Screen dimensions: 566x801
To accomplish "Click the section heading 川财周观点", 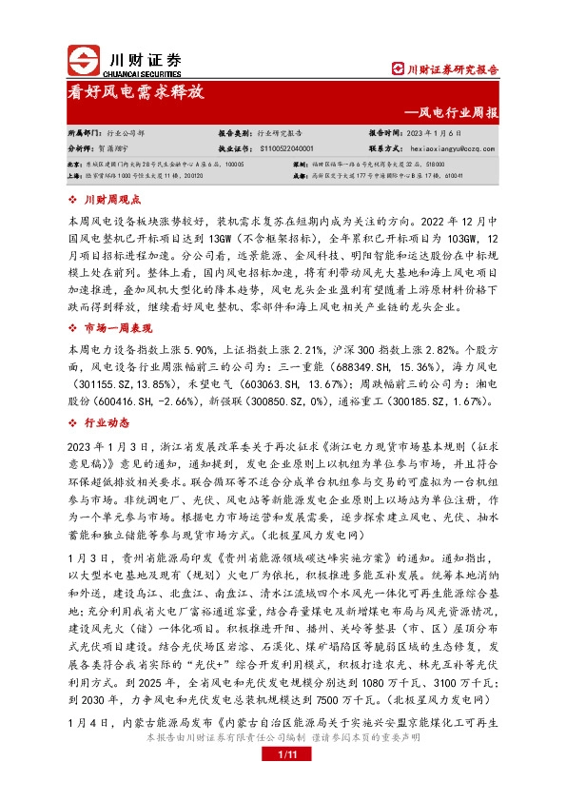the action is coord(112,200).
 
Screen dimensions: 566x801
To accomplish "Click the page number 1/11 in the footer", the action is coord(282,781).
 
